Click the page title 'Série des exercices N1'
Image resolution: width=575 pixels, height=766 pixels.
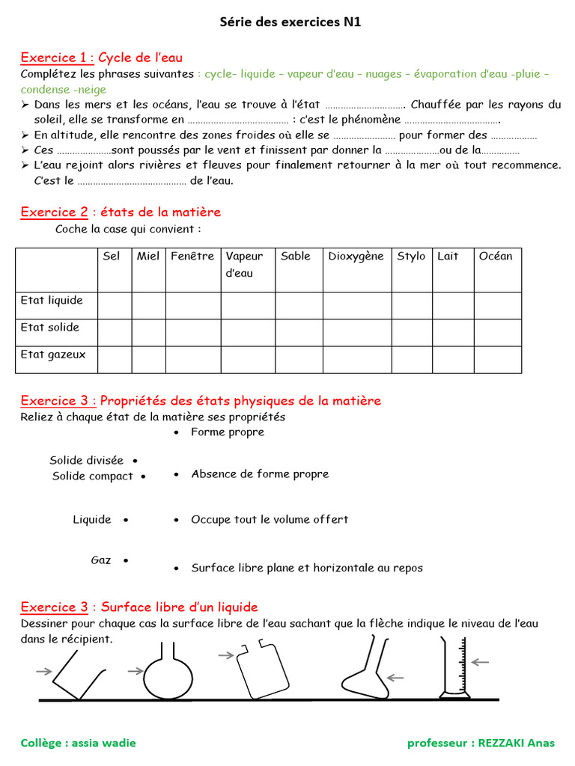(x=290, y=22)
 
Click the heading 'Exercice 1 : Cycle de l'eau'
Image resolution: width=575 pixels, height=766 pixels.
(x=101, y=58)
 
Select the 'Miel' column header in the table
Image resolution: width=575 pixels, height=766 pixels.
(x=148, y=257)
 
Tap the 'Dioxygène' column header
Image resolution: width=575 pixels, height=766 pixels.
(x=356, y=257)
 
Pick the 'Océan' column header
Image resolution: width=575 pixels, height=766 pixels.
(x=496, y=257)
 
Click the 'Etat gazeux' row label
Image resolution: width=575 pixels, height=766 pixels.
(x=53, y=355)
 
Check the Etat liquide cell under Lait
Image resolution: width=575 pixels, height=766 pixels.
(x=453, y=305)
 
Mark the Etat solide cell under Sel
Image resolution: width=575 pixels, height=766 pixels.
(x=115, y=332)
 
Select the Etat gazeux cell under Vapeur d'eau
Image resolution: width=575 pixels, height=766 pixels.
(x=248, y=359)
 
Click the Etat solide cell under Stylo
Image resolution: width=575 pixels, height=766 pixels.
(x=412, y=332)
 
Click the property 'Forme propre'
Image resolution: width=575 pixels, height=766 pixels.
(x=227, y=432)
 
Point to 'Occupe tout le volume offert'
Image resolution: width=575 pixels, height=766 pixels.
(x=270, y=519)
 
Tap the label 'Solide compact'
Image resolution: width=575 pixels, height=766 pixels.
(x=92, y=476)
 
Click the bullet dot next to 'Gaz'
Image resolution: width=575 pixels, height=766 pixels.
(x=125, y=560)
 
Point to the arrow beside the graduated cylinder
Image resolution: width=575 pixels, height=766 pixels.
(x=480, y=661)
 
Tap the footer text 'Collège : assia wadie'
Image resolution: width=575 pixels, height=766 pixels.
(x=79, y=743)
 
